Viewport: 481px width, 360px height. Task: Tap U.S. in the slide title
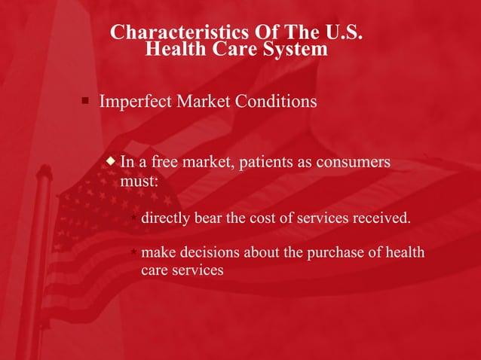[344, 32]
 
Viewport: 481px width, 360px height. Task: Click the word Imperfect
[135, 101]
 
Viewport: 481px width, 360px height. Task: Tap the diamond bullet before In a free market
[112, 161]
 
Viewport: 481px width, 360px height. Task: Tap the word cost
[264, 219]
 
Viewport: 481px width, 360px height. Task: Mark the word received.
[384, 219]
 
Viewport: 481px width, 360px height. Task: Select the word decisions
[207, 252]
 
